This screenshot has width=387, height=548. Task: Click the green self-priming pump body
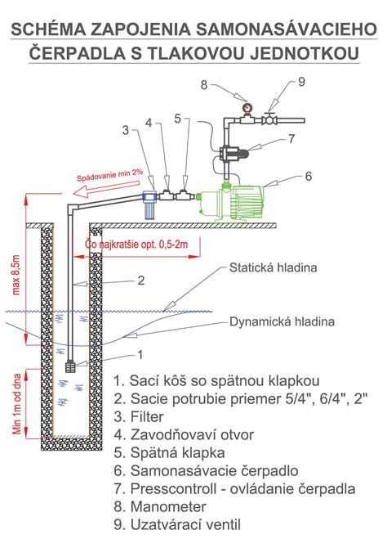click(x=245, y=200)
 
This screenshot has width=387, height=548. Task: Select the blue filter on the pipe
click(x=149, y=204)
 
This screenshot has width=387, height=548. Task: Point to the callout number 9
click(x=300, y=82)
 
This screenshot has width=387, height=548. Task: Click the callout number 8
click(x=205, y=84)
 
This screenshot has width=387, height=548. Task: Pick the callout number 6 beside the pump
click(x=309, y=175)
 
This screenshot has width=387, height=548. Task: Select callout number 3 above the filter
click(x=126, y=129)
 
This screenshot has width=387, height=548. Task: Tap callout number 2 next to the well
click(x=140, y=280)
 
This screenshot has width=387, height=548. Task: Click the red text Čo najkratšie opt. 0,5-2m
click(x=138, y=245)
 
